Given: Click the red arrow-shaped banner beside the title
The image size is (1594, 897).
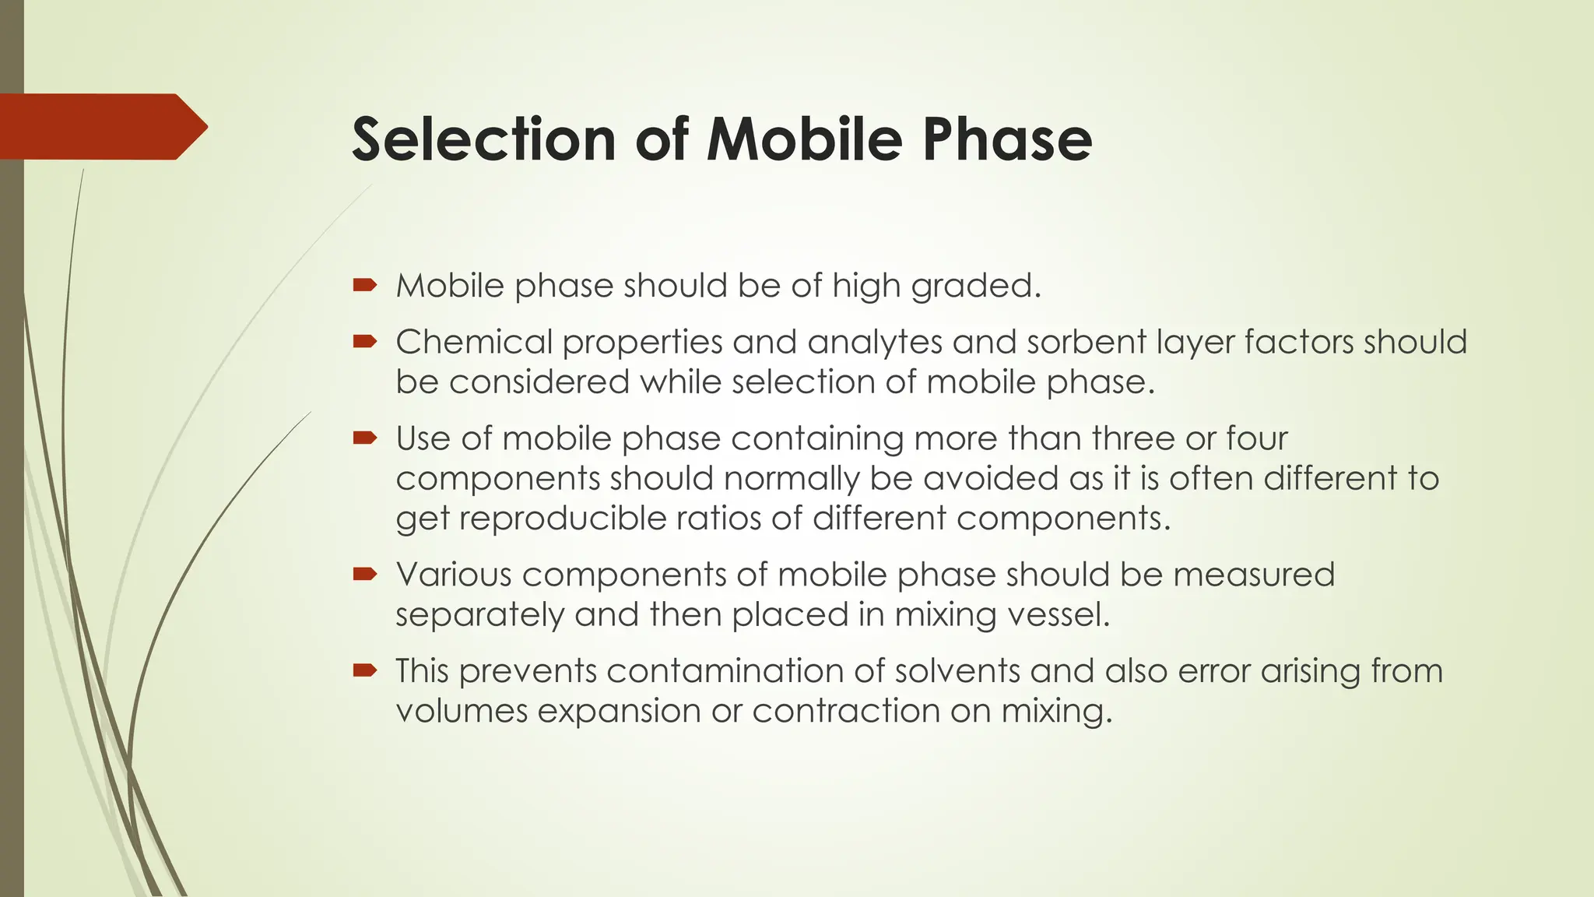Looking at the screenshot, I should click(x=101, y=127).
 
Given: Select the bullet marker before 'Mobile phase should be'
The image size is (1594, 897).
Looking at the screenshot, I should click(x=364, y=286).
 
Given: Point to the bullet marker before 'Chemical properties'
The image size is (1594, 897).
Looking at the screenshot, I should click(x=364, y=342).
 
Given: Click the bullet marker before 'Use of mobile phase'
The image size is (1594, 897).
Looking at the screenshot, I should click(x=364, y=438).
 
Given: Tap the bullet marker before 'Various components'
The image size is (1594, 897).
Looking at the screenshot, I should click(x=364, y=575).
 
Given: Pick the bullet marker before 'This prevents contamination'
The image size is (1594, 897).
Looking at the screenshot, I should click(x=364, y=670).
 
